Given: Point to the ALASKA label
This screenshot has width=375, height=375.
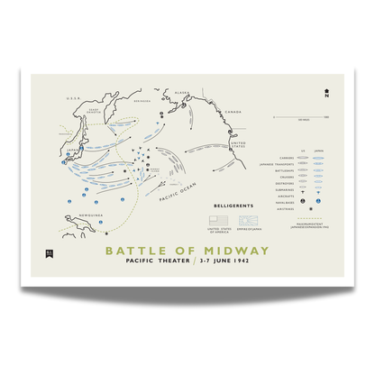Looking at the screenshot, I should coord(182,92).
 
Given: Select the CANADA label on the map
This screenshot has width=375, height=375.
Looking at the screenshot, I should coord(233,112).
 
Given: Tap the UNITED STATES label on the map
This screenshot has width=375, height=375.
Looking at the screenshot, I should coord(239,143).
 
